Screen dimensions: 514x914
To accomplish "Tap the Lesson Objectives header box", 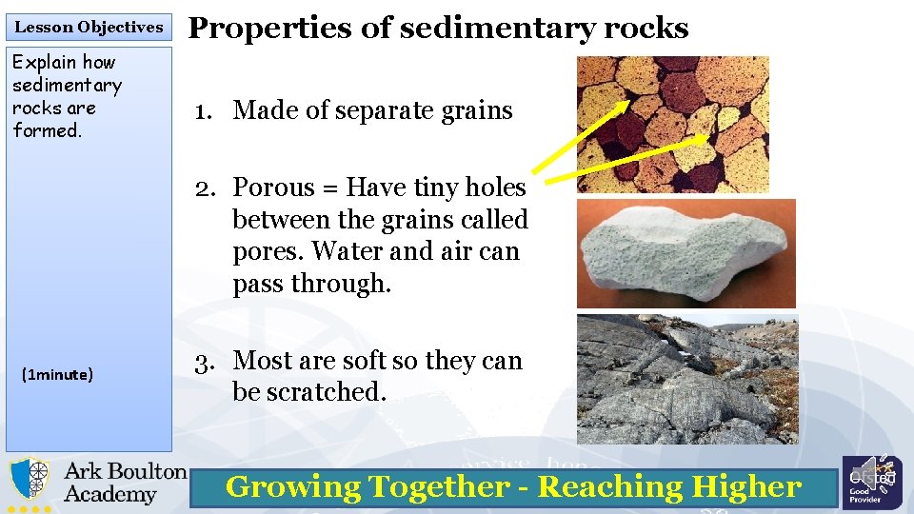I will click(x=89, y=27).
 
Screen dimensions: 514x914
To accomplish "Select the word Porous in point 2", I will click(x=277, y=187).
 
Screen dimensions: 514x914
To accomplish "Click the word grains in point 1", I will click(x=475, y=110).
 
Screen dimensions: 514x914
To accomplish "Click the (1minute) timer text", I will click(x=57, y=375).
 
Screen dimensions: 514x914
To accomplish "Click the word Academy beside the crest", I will click(x=109, y=494).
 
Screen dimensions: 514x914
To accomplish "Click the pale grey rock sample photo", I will click(x=685, y=252).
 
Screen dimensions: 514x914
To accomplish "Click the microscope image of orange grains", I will click(x=672, y=124).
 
